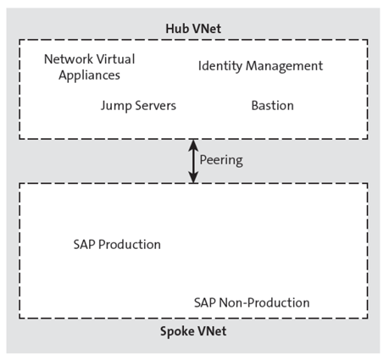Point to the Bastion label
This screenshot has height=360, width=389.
[272, 106]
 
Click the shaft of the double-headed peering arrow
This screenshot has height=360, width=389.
[194, 161]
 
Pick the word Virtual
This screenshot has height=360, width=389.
[116, 59]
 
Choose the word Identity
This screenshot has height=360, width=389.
[220, 65]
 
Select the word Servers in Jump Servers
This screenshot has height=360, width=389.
[156, 106]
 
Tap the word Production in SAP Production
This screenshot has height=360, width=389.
[130, 245]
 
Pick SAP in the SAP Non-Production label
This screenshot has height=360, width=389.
[205, 302]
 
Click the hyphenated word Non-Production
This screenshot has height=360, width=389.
[264, 302]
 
